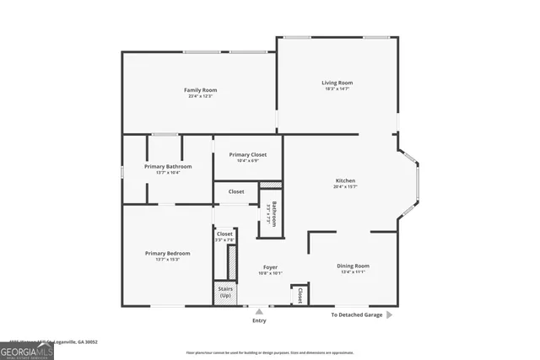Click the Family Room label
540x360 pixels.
201,89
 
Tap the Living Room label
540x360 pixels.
337,83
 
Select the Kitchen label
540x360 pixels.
345,180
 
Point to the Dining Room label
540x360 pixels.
354,266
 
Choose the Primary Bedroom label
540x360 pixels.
167,253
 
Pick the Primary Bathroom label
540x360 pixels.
168,166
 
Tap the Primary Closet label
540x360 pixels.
248,154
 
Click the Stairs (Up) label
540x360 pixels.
225,293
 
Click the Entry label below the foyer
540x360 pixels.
259,320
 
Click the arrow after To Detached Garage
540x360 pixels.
389,314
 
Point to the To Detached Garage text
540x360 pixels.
356,314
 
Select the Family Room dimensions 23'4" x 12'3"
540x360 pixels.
201,96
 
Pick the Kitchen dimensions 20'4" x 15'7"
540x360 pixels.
345,187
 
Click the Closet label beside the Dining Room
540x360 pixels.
300,295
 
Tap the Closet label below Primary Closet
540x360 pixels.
236,191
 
